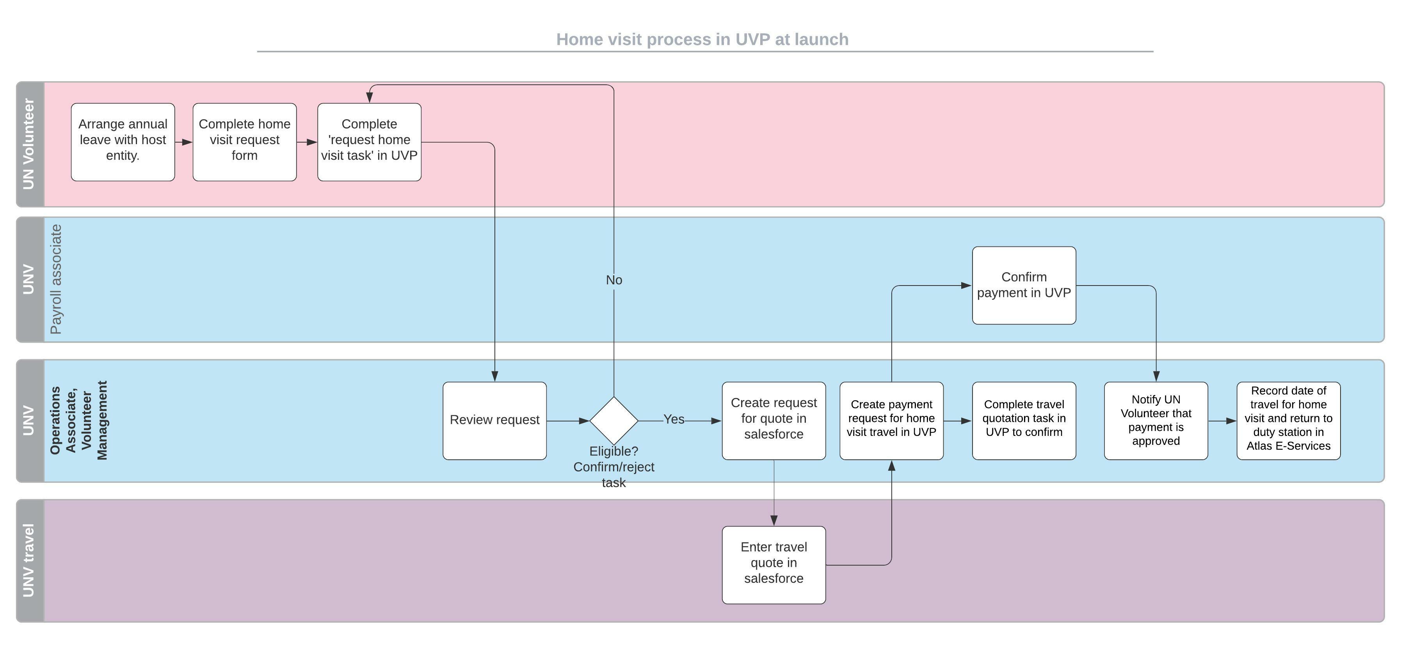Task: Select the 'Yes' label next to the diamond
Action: [674, 420]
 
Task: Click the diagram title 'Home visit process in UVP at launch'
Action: [702, 39]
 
